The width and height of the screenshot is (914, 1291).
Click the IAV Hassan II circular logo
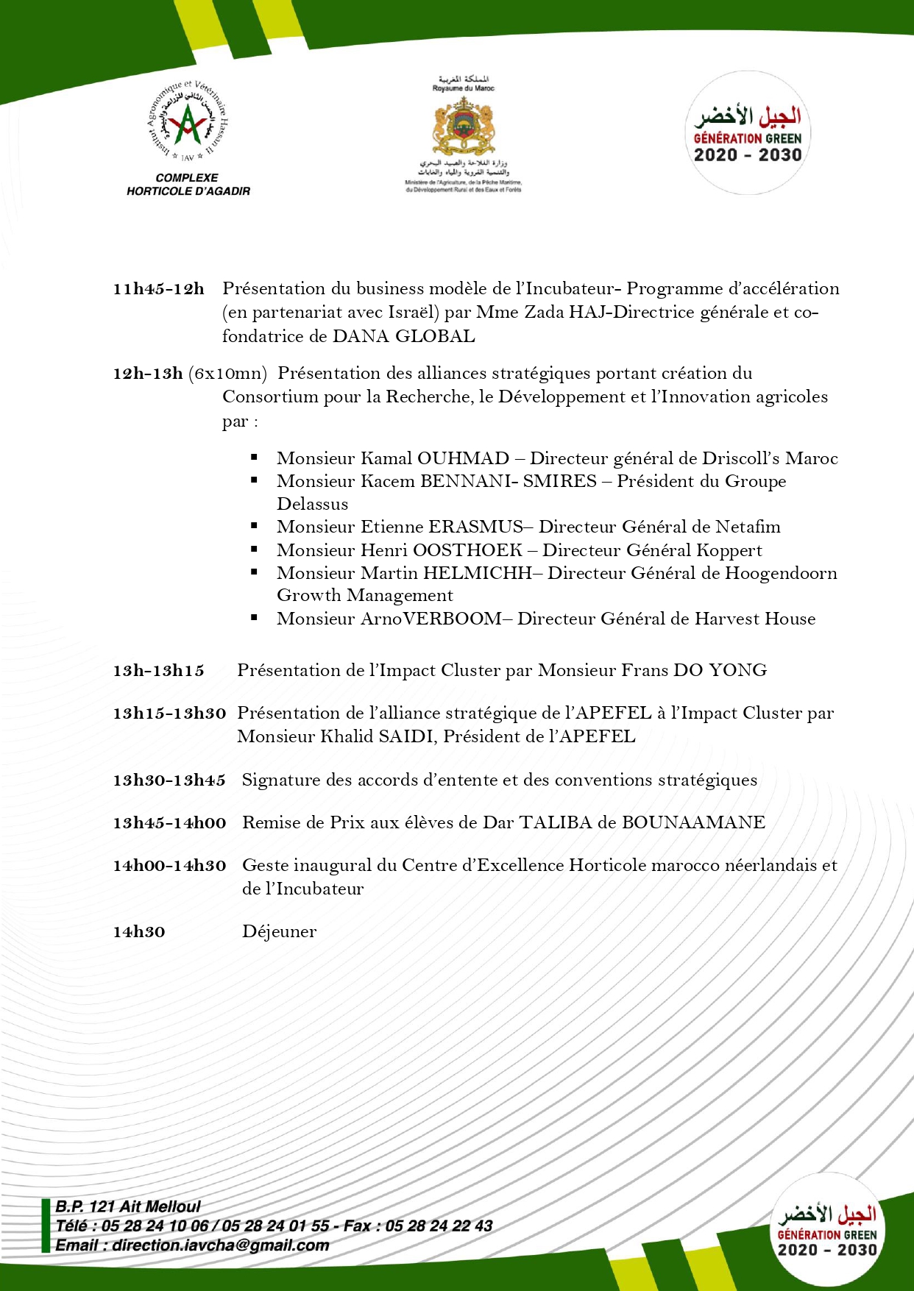point(188,122)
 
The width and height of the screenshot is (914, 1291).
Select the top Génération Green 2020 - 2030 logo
point(748,133)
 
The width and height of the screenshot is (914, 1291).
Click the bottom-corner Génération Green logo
point(827,1229)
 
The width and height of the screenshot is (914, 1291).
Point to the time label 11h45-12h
point(158,289)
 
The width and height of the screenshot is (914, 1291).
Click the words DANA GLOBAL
point(403,337)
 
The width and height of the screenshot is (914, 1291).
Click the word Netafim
point(748,527)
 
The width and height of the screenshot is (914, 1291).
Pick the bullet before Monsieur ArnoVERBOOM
point(254,618)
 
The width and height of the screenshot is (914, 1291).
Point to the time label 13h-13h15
point(158,671)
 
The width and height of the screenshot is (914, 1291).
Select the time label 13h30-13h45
point(169,780)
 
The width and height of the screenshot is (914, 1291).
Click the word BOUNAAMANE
point(693,822)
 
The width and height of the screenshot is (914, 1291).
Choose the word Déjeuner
point(279,932)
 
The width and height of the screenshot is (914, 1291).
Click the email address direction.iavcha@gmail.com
point(221,1245)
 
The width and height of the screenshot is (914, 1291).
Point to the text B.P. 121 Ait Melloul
point(128,1206)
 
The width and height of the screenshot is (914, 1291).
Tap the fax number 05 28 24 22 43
point(439,1226)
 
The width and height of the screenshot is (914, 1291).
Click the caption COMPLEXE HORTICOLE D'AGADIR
point(188,185)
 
